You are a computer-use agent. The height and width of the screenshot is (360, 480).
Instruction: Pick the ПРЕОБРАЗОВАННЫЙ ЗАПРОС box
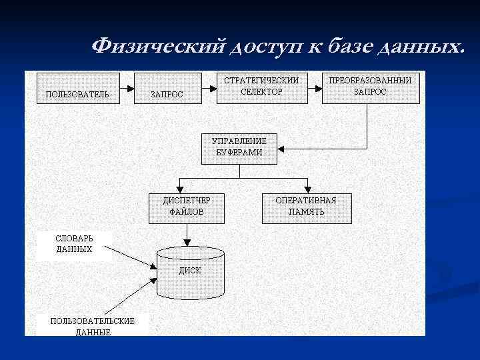coord(371,86)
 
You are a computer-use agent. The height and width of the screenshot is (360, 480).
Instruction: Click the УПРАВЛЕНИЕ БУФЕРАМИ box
coord(239,147)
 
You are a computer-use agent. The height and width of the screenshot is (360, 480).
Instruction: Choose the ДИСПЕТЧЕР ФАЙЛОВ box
coord(186,206)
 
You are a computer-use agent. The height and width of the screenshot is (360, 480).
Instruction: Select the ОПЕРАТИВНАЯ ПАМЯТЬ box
coord(306,206)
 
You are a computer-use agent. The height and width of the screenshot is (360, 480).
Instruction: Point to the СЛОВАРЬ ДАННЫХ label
coord(75,243)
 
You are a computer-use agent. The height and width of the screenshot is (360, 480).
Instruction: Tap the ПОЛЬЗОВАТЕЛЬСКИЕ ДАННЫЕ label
coord(92,326)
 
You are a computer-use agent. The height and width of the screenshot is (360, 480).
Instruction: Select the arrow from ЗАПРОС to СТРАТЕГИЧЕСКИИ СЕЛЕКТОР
coord(209,87)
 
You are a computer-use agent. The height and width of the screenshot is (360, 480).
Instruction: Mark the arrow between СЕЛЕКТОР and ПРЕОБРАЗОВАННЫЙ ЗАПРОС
coord(313,87)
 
